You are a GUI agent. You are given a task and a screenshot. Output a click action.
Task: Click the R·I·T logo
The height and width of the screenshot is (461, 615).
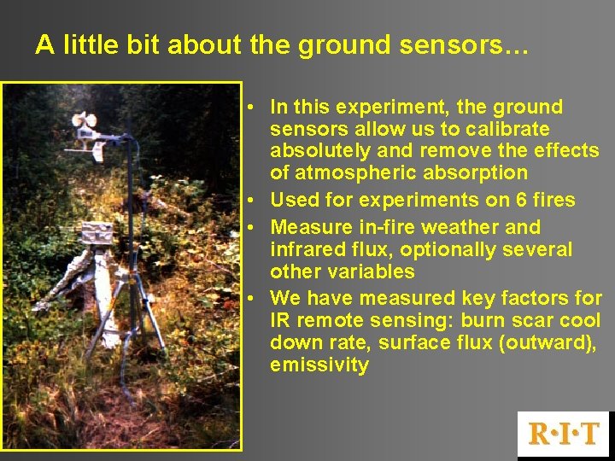coord(564,433)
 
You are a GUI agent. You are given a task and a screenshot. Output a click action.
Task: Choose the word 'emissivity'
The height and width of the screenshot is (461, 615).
coord(319,365)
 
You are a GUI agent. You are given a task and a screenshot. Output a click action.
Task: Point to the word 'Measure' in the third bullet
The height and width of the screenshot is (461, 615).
coord(307,227)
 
